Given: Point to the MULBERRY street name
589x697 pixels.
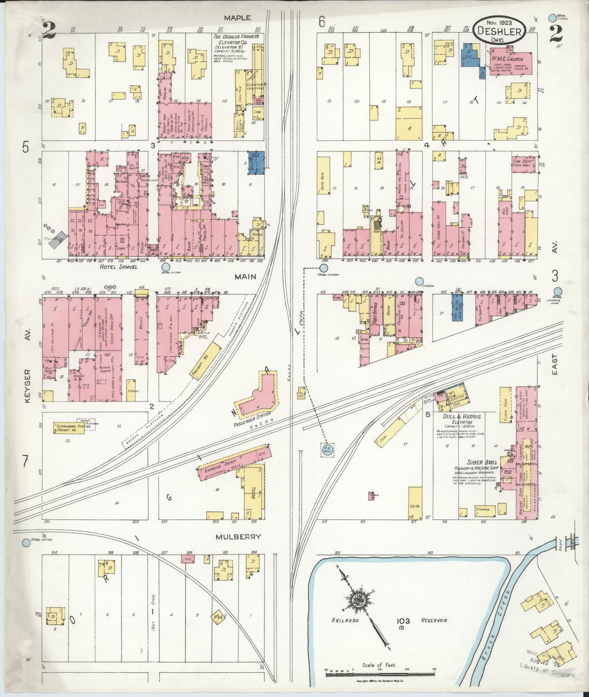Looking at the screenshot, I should coord(239,537).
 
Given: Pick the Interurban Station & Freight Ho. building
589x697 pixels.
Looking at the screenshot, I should coord(69,427).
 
